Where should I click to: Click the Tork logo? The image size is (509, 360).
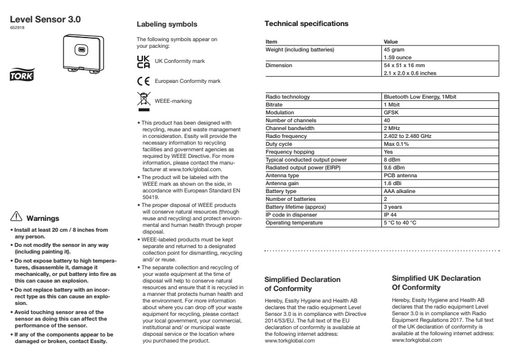pos(22,76)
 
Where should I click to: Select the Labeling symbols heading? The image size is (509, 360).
pos(166,24)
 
